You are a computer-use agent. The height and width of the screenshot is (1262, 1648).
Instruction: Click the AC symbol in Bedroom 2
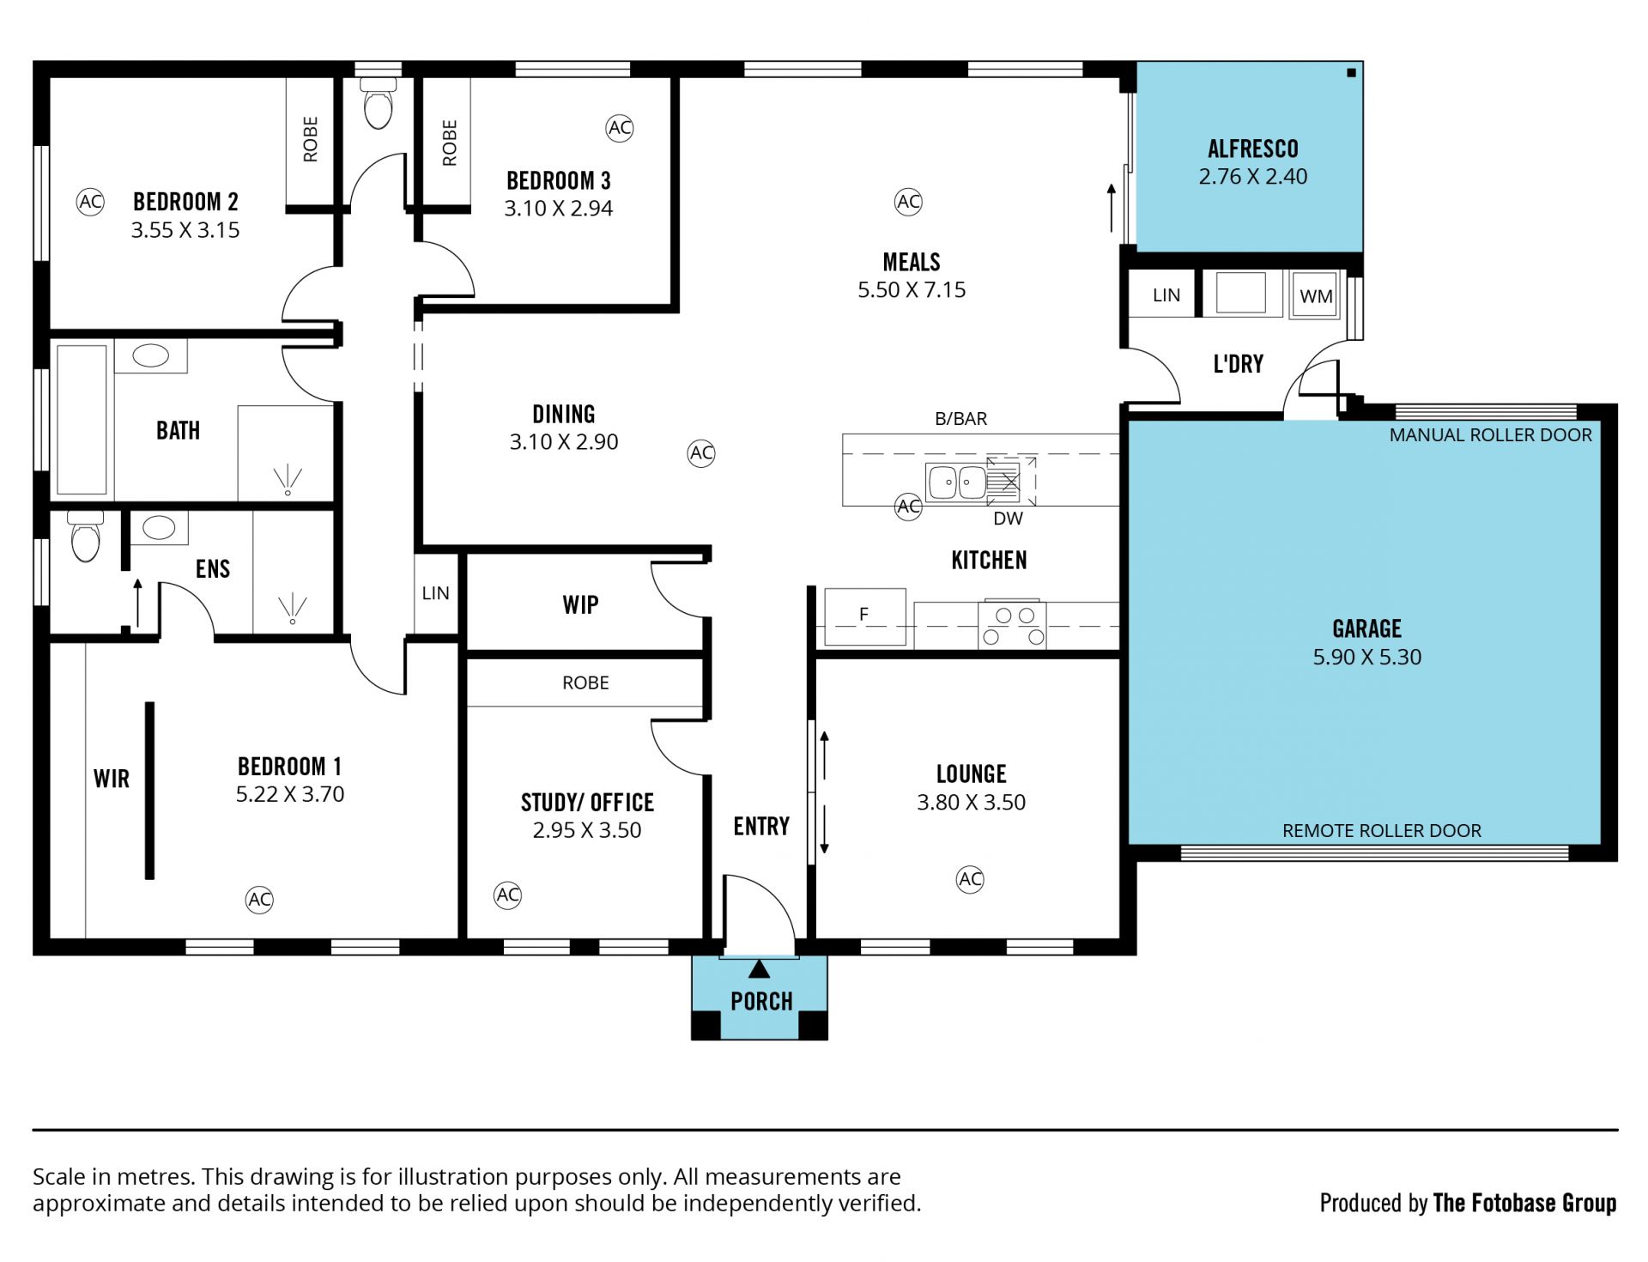(x=90, y=202)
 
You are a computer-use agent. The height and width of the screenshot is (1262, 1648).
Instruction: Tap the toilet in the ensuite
(x=86, y=537)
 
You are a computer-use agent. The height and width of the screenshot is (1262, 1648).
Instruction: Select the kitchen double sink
(x=956, y=482)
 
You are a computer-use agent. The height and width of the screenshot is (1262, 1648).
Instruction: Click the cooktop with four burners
(x=1013, y=625)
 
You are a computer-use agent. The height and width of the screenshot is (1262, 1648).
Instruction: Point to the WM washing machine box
(x=1315, y=295)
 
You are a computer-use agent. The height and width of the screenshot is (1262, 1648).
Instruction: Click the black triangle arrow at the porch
(x=759, y=969)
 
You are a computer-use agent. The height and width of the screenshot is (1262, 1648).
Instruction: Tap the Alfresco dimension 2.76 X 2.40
(x=1253, y=177)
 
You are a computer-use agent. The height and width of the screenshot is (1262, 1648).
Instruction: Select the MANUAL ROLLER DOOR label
(x=1491, y=435)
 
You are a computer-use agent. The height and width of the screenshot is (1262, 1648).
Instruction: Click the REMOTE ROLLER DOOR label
(x=1382, y=831)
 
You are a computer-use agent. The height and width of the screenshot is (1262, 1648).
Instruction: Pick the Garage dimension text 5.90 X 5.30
(x=1367, y=658)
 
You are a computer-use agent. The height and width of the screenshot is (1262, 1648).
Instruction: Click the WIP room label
(x=581, y=605)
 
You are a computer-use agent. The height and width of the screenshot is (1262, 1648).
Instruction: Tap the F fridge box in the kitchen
(x=864, y=616)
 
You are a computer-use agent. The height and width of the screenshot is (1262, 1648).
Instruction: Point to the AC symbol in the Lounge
(x=970, y=879)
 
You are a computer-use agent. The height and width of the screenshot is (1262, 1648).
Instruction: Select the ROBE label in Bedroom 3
(x=450, y=143)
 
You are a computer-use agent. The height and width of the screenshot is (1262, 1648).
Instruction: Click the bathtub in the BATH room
(x=82, y=420)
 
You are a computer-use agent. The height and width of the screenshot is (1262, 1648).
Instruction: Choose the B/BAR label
(x=961, y=419)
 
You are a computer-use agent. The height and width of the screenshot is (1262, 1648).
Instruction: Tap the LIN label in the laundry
(x=1166, y=295)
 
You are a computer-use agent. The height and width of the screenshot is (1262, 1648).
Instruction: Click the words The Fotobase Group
(x=1525, y=1204)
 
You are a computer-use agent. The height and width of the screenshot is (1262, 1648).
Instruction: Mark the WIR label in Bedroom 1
(x=112, y=780)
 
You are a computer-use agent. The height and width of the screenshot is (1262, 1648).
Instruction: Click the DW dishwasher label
(x=1009, y=519)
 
